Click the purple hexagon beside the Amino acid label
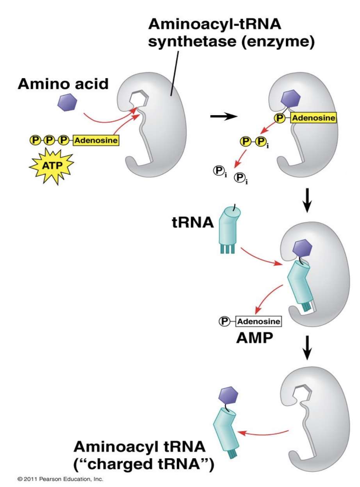coord(68,102)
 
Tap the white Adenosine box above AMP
coord(258,322)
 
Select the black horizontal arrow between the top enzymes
coord(224,116)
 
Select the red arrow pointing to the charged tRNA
coord(263,432)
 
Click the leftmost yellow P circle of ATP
coord(36,140)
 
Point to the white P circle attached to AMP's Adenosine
coord(224,322)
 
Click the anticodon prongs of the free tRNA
coord(228,249)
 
